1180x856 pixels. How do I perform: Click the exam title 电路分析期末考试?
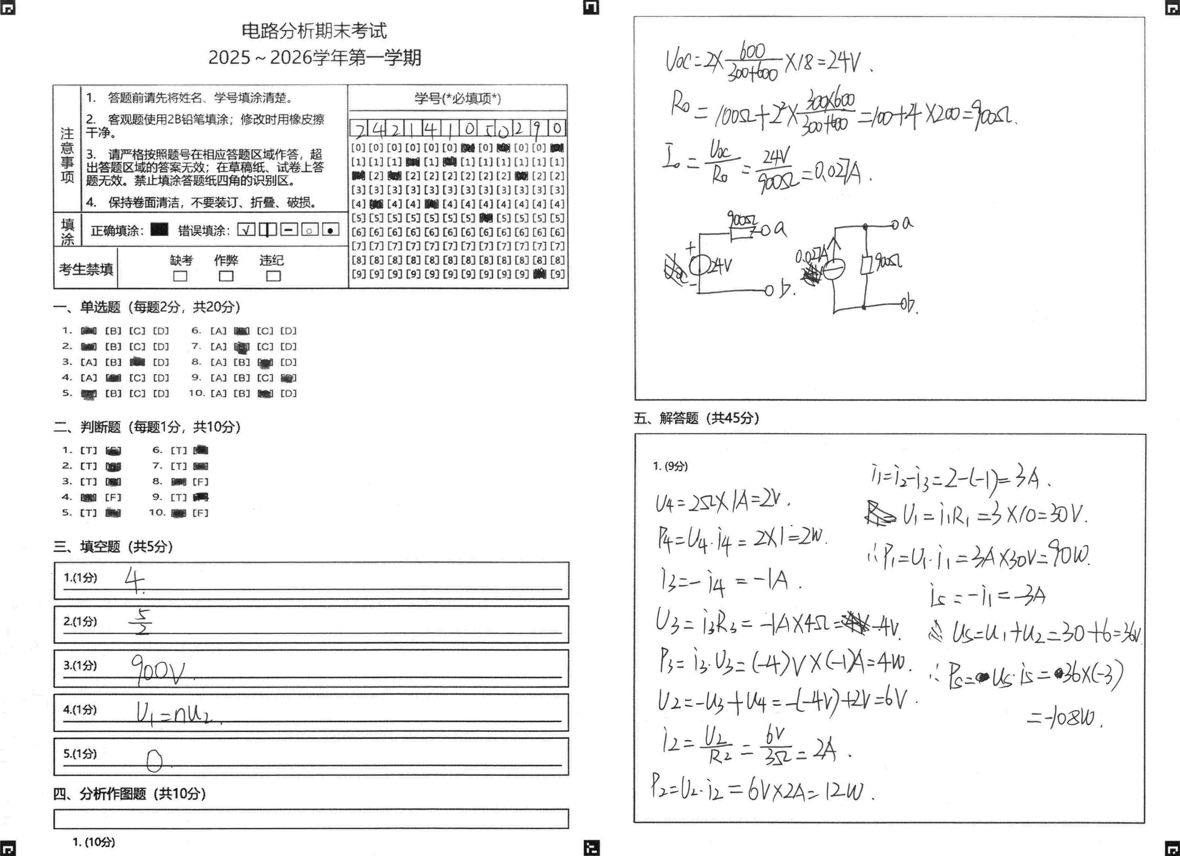tap(314, 31)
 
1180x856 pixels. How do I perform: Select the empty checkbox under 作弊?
tap(226, 276)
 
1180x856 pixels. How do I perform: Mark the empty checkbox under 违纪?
tap(273, 276)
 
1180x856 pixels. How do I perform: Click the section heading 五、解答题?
tap(696, 418)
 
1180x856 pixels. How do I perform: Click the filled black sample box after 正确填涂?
tap(159, 229)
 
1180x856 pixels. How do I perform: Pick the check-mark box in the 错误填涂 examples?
tap(246, 229)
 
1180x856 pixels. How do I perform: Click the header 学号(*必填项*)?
tap(458, 98)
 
